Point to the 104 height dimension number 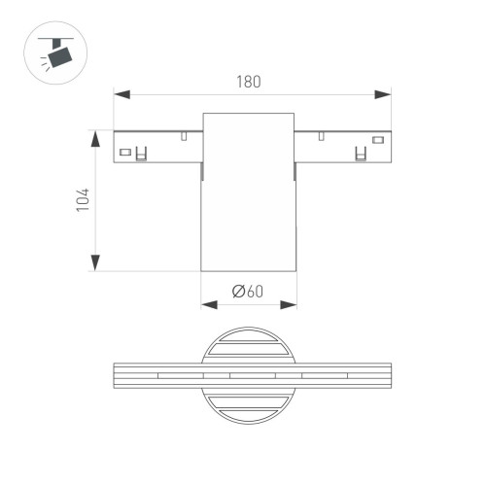click(x=83, y=201)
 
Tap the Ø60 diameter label click(x=249, y=290)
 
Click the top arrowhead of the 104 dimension click(x=95, y=137)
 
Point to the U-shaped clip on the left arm click(x=142, y=154)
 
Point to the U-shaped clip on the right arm click(x=359, y=154)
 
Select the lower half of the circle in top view click(x=249, y=406)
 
